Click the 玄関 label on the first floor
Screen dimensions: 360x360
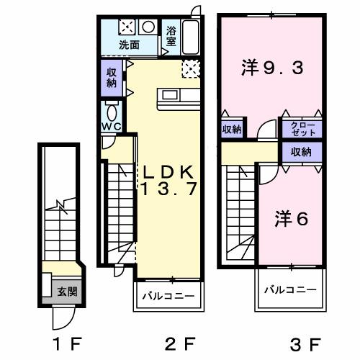(x=68, y=292)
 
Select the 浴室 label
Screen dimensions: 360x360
(x=171, y=37)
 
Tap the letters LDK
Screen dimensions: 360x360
(x=168, y=173)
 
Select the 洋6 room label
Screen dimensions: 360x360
(x=290, y=219)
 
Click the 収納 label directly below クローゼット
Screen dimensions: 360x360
(x=302, y=152)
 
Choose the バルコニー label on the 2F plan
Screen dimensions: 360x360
(x=167, y=296)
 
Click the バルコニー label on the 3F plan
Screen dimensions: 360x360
(x=289, y=289)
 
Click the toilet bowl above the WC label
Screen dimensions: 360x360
(x=111, y=111)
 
